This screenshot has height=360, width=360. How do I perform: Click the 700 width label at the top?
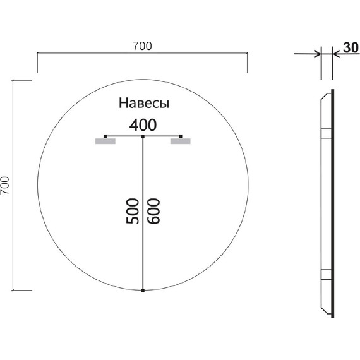pyautogui.click(x=142, y=45)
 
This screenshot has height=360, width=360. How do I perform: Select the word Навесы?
pyautogui.click(x=145, y=103)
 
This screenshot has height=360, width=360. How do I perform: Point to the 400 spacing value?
pyautogui.click(x=143, y=124)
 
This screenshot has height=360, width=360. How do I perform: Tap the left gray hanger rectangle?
pyautogui.click(x=105, y=142)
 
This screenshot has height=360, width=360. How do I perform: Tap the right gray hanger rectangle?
pyautogui.click(x=180, y=142)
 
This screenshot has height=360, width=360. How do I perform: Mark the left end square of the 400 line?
pyautogui.click(x=105, y=136)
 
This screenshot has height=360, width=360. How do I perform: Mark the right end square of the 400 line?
pyautogui.click(x=181, y=136)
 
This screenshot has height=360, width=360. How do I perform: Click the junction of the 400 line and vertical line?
pyautogui.click(x=143, y=136)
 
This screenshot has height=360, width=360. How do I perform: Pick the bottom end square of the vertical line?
pyautogui.click(x=143, y=291)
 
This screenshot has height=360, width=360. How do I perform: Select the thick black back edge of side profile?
pyautogui.click(x=331, y=196)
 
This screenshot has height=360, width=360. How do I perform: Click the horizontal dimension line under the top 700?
pyautogui.click(x=142, y=54)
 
